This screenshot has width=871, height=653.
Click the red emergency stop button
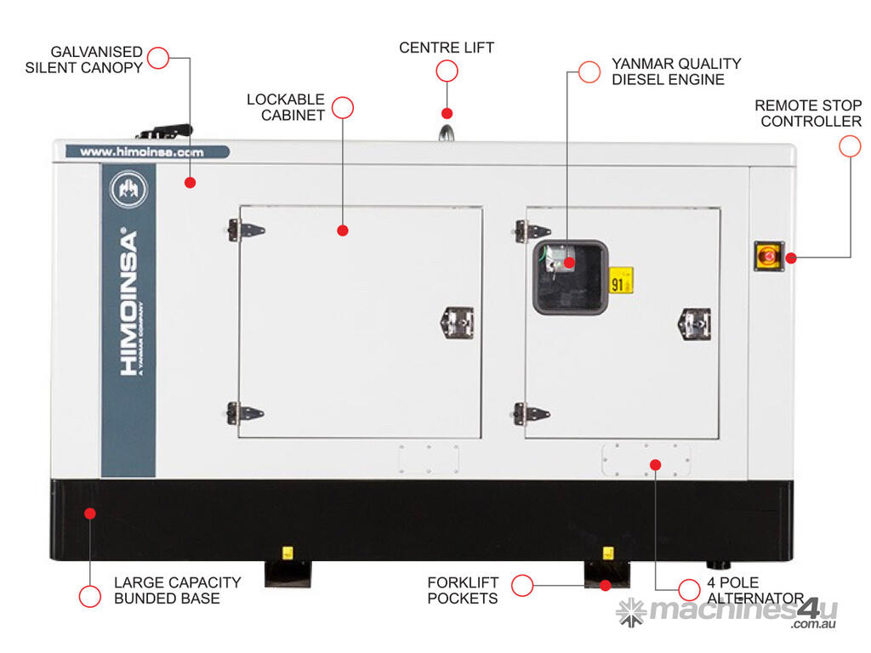pos(768,255)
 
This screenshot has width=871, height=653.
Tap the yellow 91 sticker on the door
pos(621,281)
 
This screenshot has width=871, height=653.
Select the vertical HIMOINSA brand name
pos(128,302)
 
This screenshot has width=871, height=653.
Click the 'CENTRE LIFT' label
pos(447,48)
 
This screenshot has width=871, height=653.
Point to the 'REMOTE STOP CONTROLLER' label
pos(808,113)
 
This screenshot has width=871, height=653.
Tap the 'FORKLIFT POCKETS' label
pos(463,590)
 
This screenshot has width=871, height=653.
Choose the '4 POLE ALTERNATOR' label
pos(754,590)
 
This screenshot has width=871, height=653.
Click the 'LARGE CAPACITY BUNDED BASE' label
pos(177,590)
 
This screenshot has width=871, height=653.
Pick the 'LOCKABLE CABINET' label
pos(286,107)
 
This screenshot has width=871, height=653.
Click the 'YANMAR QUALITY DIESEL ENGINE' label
pos(676,71)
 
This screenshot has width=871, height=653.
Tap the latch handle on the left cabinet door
pos(457,321)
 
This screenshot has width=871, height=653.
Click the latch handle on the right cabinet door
pos(694,323)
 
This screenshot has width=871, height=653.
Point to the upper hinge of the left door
pos(246,230)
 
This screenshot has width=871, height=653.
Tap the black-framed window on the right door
pos(570,277)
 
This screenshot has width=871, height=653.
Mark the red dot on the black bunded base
pos(89,513)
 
